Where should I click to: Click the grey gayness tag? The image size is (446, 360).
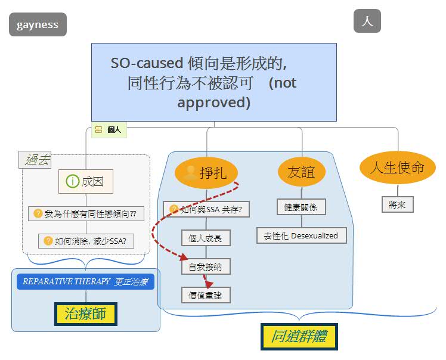coord(38,24)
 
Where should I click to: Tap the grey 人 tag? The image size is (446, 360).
coord(367,21)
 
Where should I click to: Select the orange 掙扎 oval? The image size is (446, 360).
coord(206,173)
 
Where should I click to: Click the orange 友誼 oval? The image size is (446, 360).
coord(301,172)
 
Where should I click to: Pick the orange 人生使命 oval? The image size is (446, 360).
coord(398,167)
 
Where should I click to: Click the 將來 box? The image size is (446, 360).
coord(397,204)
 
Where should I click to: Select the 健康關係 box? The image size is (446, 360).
coord(301,207)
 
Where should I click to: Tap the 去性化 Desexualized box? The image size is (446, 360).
coord(302,235)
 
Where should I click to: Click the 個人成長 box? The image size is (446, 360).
coord(206,238)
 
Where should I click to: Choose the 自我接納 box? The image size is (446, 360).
coord(206,266)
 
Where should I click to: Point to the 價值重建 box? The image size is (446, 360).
coord(206,295)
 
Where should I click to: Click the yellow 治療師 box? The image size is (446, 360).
coord(86,314)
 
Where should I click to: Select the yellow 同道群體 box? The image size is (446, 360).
coord(299,336)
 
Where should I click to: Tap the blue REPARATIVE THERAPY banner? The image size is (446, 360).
coord(86,281)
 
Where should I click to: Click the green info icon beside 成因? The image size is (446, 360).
coord(72,181)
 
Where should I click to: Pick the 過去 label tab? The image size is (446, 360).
coord(35,160)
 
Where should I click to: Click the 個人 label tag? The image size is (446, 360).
coord(109,130)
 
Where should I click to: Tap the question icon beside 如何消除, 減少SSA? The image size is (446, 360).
coord(48,241)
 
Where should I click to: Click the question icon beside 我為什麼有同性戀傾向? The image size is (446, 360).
coord(38,213)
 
